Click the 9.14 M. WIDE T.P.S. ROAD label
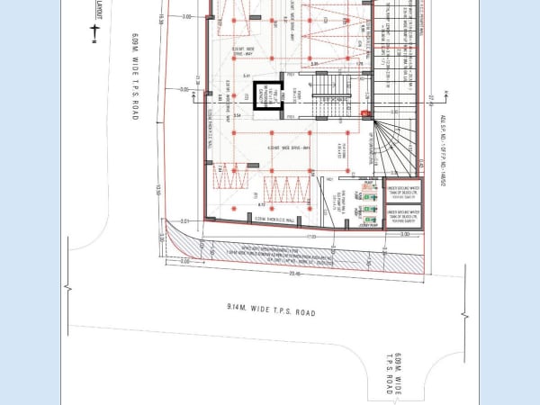(271, 312)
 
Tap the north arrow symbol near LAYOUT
(94, 32)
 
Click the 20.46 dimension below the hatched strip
(298, 275)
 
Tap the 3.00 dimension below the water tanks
(405, 235)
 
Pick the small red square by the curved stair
(364, 113)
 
